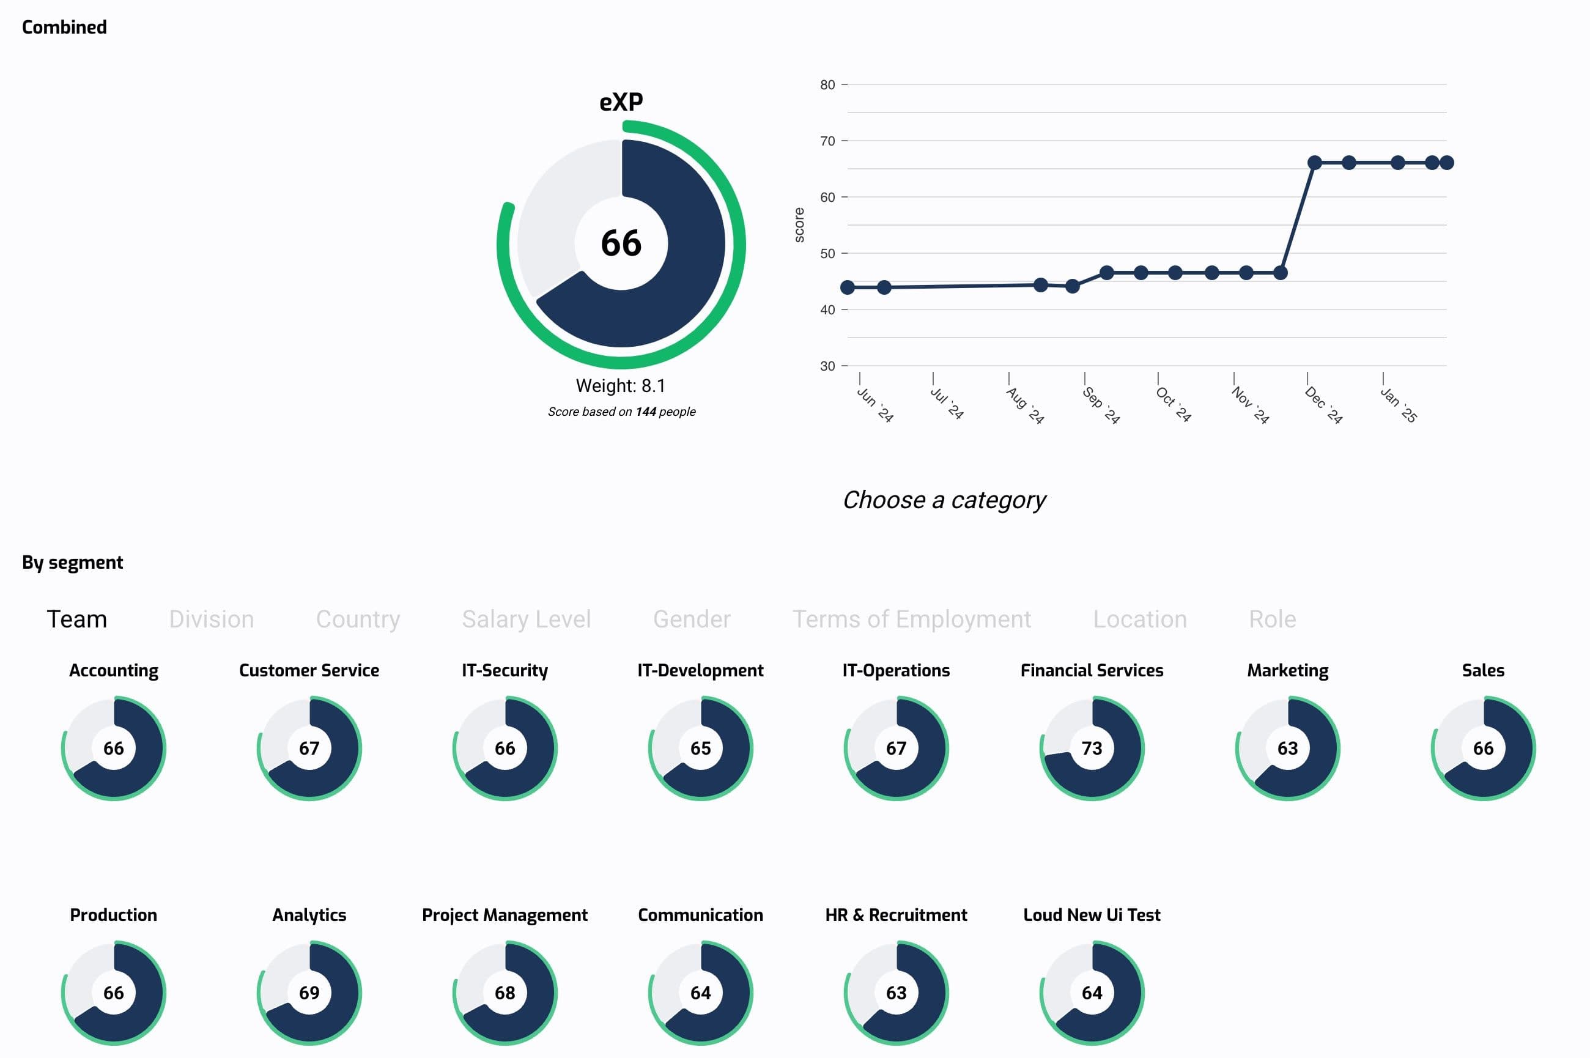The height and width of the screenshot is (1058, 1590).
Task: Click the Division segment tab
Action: (211, 619)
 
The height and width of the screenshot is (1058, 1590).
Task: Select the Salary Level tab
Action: (526, 619)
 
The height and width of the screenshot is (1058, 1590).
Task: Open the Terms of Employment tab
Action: (911, 619)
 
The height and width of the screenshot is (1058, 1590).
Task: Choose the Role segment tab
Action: (1272, 619)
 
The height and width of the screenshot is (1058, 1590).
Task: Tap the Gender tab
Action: (692, 619)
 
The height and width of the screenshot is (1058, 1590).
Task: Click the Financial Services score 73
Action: (1092, 749)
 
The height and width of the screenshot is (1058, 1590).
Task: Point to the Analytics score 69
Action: (309, 993)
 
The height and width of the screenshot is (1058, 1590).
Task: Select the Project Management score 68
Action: (505, 993)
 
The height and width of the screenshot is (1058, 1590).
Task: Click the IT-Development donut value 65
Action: (700, 749)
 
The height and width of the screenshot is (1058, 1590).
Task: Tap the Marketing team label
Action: (1287, 670)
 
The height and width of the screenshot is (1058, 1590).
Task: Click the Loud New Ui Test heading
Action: (1092, 915)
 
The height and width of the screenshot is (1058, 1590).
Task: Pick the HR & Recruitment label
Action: (896, 915)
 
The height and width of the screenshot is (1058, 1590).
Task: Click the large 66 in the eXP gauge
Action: (621, 243)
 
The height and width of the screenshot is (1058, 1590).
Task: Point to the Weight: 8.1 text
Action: (621, 386)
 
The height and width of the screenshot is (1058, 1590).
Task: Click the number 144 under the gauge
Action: (646, 412)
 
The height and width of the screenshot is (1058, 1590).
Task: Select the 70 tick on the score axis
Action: (828, 141)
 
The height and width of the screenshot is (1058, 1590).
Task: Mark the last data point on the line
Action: (1446, 163)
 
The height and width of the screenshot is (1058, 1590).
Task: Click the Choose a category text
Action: (944, 500)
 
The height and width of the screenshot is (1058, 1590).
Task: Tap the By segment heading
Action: (72, 562)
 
